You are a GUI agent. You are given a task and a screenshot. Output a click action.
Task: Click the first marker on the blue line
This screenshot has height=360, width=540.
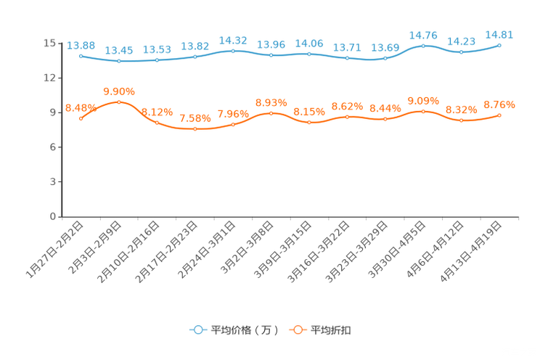tap(81, 55)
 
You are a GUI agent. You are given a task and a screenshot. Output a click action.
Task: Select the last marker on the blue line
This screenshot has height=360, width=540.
tap(499, 45)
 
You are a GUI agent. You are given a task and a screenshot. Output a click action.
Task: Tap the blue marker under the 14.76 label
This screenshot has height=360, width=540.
tap(423, 46)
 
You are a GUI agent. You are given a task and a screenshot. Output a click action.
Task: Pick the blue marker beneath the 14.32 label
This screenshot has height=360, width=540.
tap(233, 51)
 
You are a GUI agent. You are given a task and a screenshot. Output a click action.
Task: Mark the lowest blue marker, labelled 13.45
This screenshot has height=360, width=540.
tap(119, 61)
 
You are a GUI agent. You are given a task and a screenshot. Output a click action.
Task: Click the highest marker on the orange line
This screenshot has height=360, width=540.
tap(119, 102)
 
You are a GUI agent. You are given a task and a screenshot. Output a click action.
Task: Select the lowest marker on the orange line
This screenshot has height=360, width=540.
tap(195, 129)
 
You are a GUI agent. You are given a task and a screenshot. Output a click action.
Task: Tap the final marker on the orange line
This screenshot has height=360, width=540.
tap(499, 115)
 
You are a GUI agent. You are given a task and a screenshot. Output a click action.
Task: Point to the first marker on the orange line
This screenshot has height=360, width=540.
tap(81, 118)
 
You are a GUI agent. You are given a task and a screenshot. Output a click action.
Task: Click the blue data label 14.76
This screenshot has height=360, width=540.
tap(423, 35)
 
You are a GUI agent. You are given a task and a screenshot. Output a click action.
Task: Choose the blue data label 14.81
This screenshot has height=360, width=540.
tap(499, 34)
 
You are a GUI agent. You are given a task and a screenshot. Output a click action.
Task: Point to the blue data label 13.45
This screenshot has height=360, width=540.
tap(119, 50)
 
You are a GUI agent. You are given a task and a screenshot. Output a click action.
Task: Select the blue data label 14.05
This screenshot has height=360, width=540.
tap(309, 43)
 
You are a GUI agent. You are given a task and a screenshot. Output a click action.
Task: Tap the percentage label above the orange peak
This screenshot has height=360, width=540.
tap(119, 91)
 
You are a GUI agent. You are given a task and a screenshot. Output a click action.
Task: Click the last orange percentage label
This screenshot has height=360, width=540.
tap(499, 105)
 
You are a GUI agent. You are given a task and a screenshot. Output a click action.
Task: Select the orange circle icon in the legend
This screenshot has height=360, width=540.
tap(297, 330)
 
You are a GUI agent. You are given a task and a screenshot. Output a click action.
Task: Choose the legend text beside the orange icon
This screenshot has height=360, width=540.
tap(332, 330)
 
